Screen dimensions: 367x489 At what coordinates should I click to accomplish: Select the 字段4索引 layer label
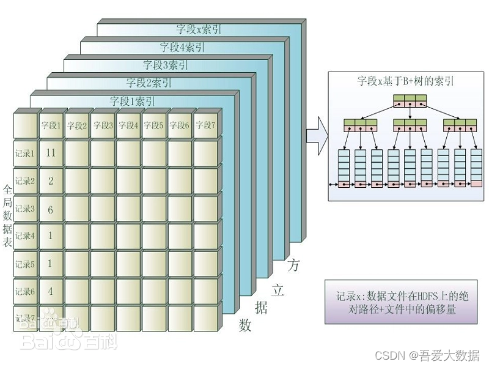coord(182,46)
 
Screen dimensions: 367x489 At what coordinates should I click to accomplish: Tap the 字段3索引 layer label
coord(166,64)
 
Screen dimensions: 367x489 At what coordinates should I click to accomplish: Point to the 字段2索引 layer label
coord(149,83)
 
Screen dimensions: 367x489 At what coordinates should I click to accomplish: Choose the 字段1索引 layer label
coord(132,101)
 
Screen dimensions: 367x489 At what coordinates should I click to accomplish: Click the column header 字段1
coord(51,125)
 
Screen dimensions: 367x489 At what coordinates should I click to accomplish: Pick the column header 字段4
coord(128,125)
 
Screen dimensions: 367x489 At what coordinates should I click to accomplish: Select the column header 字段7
coord(205,125)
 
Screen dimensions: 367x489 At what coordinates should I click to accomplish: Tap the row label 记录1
coord(25,153)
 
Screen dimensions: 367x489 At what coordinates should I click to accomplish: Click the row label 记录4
coord(25,235)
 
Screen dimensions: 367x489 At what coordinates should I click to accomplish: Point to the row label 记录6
coord(25,291)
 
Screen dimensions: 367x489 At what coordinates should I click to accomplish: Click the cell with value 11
coord(51,153)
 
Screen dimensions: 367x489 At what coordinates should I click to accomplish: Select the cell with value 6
coord(51,209)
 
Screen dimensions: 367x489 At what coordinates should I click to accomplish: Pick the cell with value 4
coord(51,291)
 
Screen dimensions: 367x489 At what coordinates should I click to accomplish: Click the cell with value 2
coord(51,181)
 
